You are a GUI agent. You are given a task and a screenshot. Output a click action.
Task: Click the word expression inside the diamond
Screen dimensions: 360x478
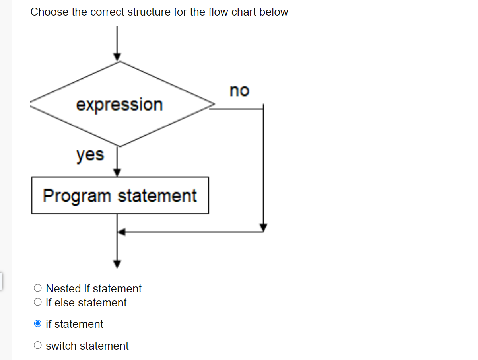[x=119, y=105]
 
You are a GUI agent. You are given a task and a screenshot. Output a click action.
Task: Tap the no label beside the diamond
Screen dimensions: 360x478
[x=239, y=91]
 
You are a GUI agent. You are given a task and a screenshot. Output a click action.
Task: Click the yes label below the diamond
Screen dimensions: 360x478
[x=90, y=155]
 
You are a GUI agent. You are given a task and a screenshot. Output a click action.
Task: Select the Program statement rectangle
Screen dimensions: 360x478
[x=120, y=195]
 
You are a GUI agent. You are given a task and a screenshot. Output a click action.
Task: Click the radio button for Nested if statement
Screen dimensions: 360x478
[x=38, y=288]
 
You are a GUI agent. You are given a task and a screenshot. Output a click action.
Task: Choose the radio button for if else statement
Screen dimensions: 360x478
[x=38, y=302]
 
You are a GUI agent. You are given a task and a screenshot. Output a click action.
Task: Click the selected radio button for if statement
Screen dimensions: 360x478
[x=38, y=324]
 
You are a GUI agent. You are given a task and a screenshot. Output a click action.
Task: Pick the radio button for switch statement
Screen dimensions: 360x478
[x=38, y=346]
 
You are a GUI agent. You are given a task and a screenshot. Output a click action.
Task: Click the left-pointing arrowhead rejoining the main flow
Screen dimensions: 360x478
[x=122, y=232]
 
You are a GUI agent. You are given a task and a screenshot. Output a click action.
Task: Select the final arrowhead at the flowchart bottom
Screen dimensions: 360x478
[x=117, y=264]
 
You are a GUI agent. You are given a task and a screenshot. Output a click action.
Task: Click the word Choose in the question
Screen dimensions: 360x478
[x=49, y=12]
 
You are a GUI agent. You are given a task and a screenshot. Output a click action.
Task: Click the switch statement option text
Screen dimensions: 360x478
[x=87, y=346]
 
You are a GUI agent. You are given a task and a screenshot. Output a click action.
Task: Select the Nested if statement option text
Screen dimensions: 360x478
[x=93, y=288]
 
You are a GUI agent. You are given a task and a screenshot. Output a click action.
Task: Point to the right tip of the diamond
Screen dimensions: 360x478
[x=214, y=105]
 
